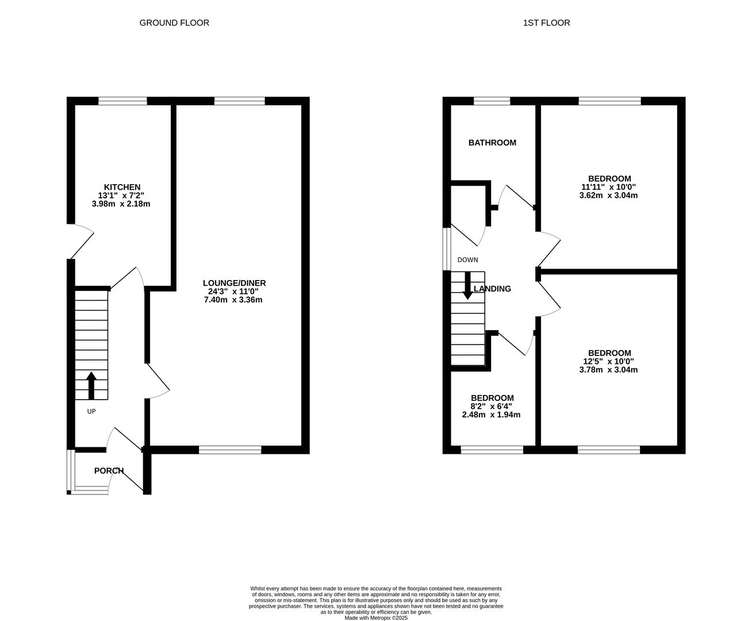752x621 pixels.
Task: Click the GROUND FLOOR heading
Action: coord(174,23)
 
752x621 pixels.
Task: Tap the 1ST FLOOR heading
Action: coord(546,23)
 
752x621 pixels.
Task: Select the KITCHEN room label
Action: coord(122,187)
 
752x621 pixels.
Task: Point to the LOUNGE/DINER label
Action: coord(234,283)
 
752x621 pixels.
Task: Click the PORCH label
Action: coord(109,470)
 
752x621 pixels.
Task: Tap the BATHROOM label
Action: coord(492,143)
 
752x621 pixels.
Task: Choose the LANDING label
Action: coord(492,289)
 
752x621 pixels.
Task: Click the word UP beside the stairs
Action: coord(91,411)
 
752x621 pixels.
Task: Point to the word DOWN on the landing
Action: coord(467,260)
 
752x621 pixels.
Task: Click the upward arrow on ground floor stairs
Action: coord(91,386)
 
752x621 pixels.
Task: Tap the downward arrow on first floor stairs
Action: coord(467,286)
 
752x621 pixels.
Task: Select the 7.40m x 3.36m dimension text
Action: coord(233,300)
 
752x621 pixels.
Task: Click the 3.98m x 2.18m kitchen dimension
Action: coord(121,204)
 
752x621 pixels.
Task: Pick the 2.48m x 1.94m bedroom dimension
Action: coord(491,415)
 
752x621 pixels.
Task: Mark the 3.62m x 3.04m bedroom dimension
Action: coord(608,195)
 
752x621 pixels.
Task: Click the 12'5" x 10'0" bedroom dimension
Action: coord(609,361)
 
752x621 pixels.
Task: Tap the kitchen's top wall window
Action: coord(123,101)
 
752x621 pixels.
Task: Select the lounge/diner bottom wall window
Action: coord(230,450)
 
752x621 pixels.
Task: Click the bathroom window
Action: coord(492,101)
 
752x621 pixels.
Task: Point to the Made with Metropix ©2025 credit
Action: coord(376,618)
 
